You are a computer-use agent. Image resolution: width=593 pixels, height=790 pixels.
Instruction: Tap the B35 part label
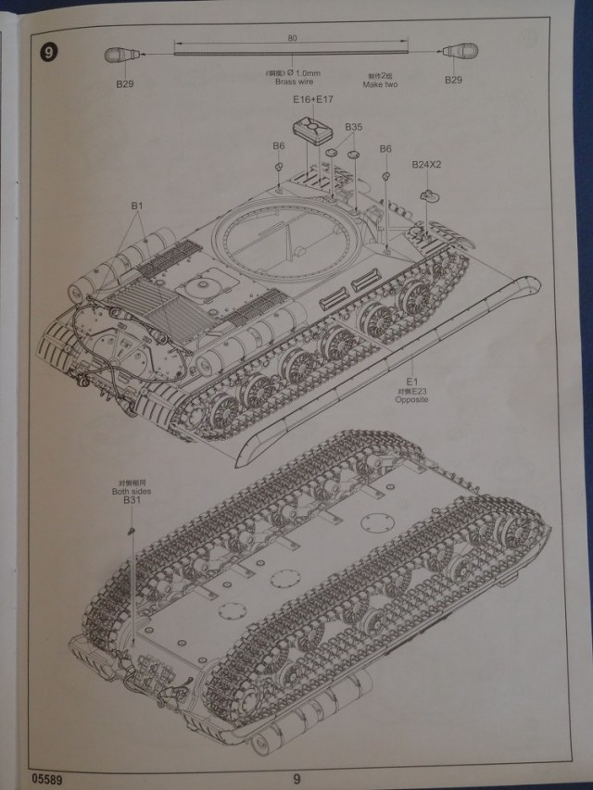pyautogui.click(x=353, y=126)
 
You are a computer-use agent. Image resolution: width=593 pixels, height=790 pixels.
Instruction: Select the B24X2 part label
pyautogui.click(x=427, y=164)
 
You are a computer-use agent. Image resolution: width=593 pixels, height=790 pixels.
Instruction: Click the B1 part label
pyautogui.click(x=137, y=205)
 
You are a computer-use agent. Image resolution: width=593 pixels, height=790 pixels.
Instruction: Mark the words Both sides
pyautogui.click(x=131, y=492)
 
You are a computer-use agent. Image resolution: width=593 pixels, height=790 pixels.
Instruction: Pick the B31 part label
pyautogui.click(x=131, y=502)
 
